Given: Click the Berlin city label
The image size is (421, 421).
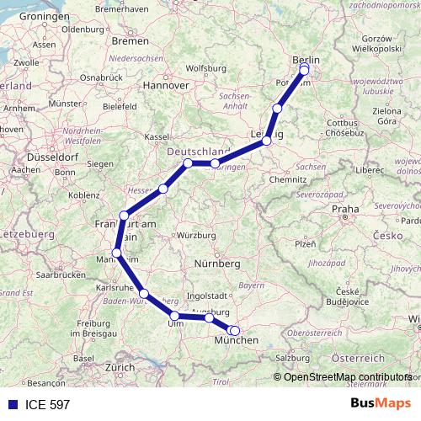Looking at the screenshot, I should pyautogui.click(x=306, y=60).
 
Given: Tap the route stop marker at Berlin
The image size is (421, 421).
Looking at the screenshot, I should pyautogui.click(x=305, y=70).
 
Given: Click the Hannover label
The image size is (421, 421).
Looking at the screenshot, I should pyautogui.click(x=165, y=85).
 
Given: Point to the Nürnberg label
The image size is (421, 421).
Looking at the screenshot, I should pyautogui.click(x=218, y=264).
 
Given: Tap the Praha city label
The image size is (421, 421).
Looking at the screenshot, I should pyautogui.click(x=345, y=209).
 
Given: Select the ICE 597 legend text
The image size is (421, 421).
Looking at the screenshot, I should pyautogui.click(x=47, y=405).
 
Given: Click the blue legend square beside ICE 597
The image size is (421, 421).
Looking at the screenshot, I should pyautogui.click(x=11, y=405).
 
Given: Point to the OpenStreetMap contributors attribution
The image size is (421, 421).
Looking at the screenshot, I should pyautogui.click(x=347, y=376).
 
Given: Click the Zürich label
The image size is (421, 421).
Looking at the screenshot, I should pyautogui.click(x=119, y=367).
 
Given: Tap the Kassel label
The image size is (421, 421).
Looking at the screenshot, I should pyautogui.click(x=158, y=136).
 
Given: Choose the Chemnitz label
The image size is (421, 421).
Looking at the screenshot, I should pyautogui.click(x=287, y=180).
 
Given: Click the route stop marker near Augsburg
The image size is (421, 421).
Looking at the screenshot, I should pyautogui.click(x=209, y=317).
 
